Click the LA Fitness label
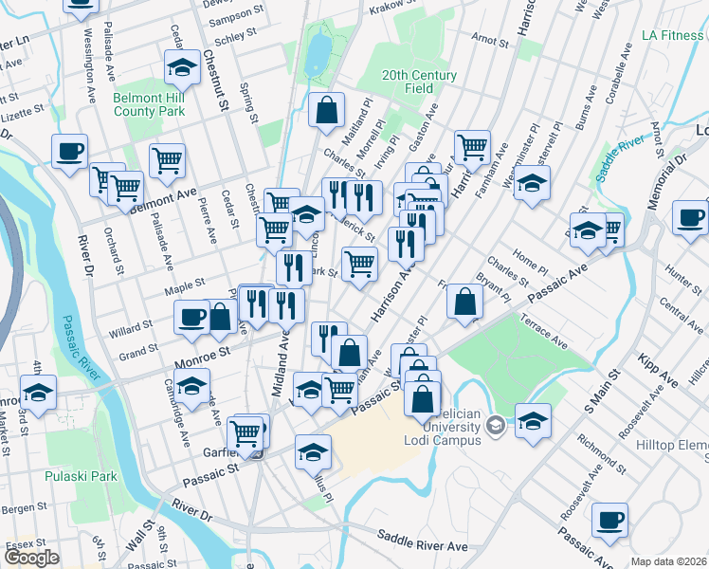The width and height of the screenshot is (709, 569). click(x=673, y=36)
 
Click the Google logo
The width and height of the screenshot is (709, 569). click(x=31, y=558)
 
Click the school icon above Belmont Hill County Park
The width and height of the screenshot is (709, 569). click(x=181, y=66)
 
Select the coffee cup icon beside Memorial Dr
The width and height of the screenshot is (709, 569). click(x=691, y=215)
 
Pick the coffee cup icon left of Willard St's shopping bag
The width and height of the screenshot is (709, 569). click(x=192, y=316)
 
